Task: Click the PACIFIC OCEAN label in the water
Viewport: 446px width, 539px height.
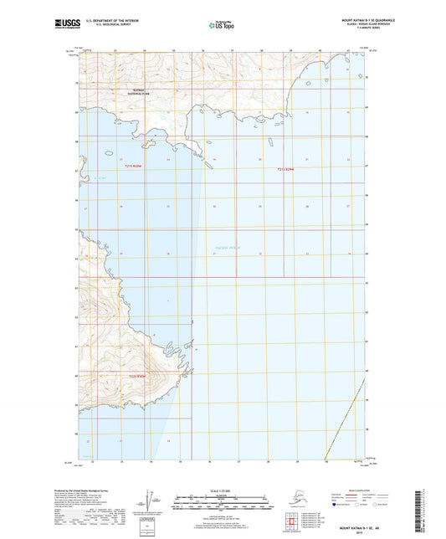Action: point(217,245)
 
